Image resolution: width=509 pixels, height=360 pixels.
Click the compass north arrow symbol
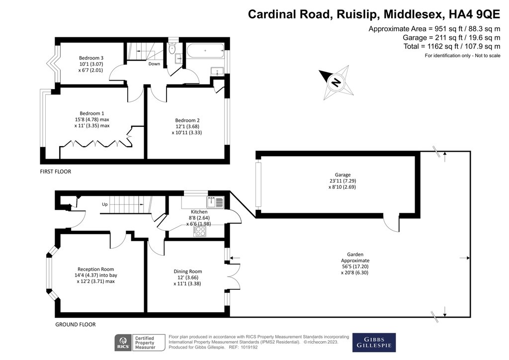(x=336, y=83)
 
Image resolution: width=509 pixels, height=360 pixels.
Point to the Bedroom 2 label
(x=187, y=120)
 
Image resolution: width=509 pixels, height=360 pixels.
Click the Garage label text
(x=342, y=175)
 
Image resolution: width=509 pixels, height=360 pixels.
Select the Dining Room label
(x=188, y=271)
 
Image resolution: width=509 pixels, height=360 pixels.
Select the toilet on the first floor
(x=172, y=49)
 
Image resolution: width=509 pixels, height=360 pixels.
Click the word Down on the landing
(x=154, y=64)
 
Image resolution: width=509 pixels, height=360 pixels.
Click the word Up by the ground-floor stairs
(x=105, y=204)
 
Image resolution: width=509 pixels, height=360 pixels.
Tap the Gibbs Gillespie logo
(x=374, y=343)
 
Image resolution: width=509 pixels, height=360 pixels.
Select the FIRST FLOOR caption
(x=56, y=172)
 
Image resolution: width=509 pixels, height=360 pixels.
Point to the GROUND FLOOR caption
(x=75, y=324)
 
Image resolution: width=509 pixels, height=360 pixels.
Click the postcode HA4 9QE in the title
(x=471, y=13)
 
